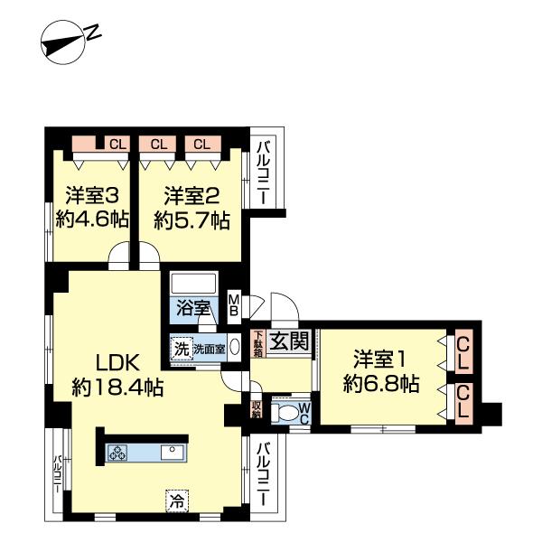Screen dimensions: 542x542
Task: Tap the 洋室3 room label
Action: (x=88, y=194)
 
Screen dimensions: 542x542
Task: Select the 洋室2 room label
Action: (x=190, y=194)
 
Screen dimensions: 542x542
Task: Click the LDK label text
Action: (x=117, y=363)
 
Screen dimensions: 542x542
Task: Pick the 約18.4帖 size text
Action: (x=117, y=388)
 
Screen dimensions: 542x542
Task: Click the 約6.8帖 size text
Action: (x=380, y=384)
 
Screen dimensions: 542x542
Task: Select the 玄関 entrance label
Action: (x=290, y=341)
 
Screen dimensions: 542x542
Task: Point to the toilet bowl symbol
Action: (x=286, y=415)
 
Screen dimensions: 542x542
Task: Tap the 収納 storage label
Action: (x=257, y=411)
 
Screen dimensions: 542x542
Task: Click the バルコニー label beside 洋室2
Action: (x=263, y=173)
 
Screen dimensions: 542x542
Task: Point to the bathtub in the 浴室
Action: (x=192, y=282)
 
